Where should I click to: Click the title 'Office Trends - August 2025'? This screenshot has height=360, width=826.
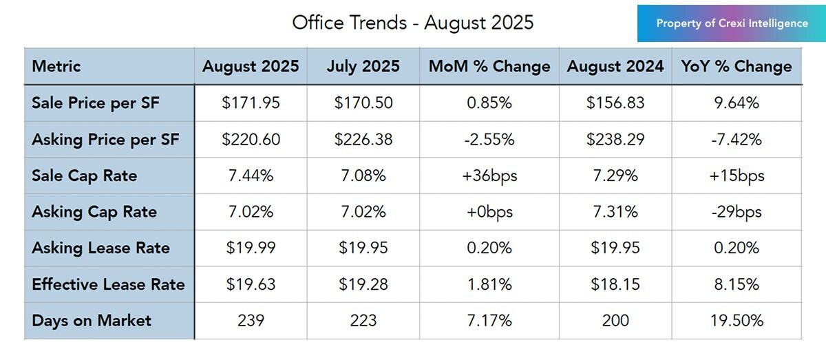point(412,23)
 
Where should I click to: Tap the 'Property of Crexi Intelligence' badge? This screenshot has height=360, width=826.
point(732,23)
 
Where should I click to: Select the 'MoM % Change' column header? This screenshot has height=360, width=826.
point(489,66)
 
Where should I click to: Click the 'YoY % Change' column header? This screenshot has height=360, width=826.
point(737,66)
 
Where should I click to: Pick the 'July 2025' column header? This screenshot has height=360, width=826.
point(363,66)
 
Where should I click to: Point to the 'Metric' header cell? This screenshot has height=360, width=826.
point(56,66)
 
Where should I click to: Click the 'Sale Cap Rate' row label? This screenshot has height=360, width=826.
point(84,176)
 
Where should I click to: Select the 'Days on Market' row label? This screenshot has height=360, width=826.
point(92,321)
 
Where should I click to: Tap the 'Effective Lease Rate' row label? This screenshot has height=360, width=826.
point(108,284)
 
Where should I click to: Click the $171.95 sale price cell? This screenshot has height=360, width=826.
point(251,103)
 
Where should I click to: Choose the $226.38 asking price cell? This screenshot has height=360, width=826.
point(363,139)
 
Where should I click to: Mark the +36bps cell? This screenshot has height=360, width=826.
point(489,176)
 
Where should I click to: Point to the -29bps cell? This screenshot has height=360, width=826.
point(737,212)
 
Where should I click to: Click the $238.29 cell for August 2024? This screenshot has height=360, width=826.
point(615,139)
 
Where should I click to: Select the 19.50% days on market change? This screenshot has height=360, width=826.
point(737,321)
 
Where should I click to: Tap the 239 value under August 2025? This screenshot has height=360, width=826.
point(251,321)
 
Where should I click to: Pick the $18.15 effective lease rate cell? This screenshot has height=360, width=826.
point(615,284)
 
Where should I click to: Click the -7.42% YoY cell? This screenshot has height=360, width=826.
point(737,139)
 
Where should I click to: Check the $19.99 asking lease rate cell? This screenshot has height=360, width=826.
point(251,248)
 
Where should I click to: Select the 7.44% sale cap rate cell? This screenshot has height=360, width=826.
point(251,176)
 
